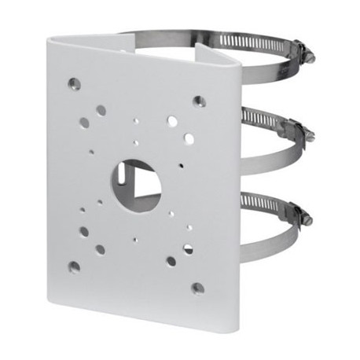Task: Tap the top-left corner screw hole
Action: [74, 83]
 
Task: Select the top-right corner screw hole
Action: [199, 101]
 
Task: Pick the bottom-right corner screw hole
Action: [197, 288]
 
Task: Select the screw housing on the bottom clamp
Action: [294, 212]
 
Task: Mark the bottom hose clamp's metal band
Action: [259, 240]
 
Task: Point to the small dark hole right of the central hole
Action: [180, 166]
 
